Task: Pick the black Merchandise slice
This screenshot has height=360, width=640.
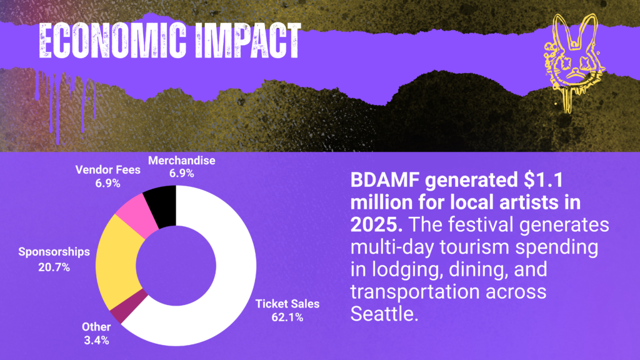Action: (161, 206)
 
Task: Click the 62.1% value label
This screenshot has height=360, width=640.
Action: (287, 317)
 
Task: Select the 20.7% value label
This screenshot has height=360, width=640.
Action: (54, 267)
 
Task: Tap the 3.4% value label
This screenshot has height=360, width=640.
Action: (96, 341)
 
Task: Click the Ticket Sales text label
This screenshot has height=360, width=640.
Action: (287, 304)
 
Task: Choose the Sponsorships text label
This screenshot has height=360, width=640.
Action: (54, 252)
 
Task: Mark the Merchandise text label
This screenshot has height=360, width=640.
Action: (181, 161)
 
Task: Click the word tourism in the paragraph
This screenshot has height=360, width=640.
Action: (476, 247)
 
